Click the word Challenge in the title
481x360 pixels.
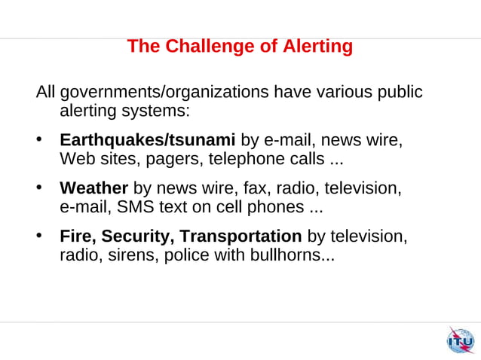210,47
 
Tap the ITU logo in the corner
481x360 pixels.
460,341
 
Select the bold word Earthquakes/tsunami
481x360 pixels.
148,141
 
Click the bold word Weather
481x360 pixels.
94,188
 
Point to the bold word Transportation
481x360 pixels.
241,236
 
